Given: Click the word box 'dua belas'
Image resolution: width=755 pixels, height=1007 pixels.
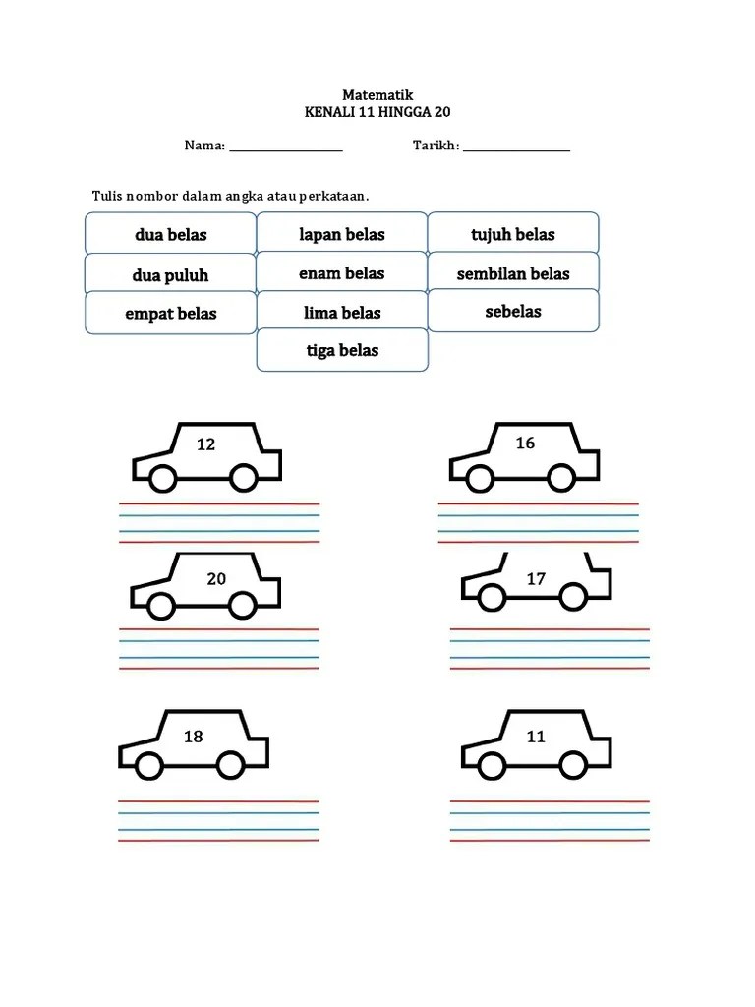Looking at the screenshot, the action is click(171, 233).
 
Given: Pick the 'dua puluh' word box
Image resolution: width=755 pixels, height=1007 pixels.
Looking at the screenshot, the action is click(171, 273).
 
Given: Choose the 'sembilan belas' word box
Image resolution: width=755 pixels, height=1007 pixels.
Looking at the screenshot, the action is click(513, 272).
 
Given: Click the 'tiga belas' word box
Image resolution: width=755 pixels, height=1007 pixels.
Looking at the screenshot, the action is click(342, 350).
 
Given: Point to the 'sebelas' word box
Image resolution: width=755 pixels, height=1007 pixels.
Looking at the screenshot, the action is click(513, 311).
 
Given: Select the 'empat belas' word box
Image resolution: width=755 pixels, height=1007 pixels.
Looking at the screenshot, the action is click(171, 313).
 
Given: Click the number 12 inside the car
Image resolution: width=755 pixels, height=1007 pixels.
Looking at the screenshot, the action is click(205, 444).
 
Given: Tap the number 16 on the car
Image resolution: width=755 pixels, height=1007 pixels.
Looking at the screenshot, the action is click(525, 444).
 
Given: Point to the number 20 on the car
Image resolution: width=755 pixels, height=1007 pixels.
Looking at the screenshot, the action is click(216, 579).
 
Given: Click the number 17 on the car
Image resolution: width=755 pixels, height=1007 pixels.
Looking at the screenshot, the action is click(536, 579).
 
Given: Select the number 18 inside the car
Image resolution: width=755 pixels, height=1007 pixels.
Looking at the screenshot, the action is click(194, 737).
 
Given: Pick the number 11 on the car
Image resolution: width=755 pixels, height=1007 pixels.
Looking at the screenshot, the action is click(536, 737).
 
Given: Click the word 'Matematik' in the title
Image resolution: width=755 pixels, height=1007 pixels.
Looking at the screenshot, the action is click(377, 95).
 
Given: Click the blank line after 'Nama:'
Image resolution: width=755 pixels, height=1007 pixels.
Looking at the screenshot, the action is click(286, 150).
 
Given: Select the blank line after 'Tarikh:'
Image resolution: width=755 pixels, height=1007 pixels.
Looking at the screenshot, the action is click(517, 150).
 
